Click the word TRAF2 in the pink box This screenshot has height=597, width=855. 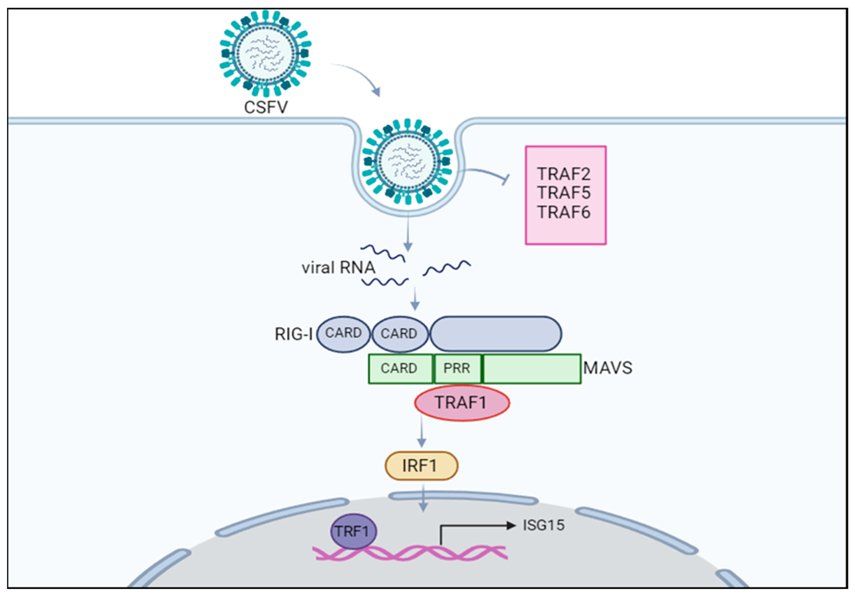(x=563, y=174)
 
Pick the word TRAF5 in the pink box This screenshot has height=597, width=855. (x=563, y=193)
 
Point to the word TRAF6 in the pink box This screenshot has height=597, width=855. (x=563, y=212)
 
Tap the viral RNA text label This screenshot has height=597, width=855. (x=338, y=268)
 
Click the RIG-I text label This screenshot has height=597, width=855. (x=293, y=334)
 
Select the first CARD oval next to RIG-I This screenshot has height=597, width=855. (x=343, y=333)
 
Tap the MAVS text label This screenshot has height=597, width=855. (x=607, y=368)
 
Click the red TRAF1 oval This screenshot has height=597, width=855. (x=462, y=403)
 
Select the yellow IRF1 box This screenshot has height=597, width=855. (x=421, y=466)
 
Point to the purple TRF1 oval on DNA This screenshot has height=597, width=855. (x=353, y=531)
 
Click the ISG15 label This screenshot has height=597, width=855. (x=543, y=525)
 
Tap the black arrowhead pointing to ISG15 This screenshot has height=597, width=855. (x=511, y=525)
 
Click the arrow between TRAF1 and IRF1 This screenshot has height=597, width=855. (x=422, y=432)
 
